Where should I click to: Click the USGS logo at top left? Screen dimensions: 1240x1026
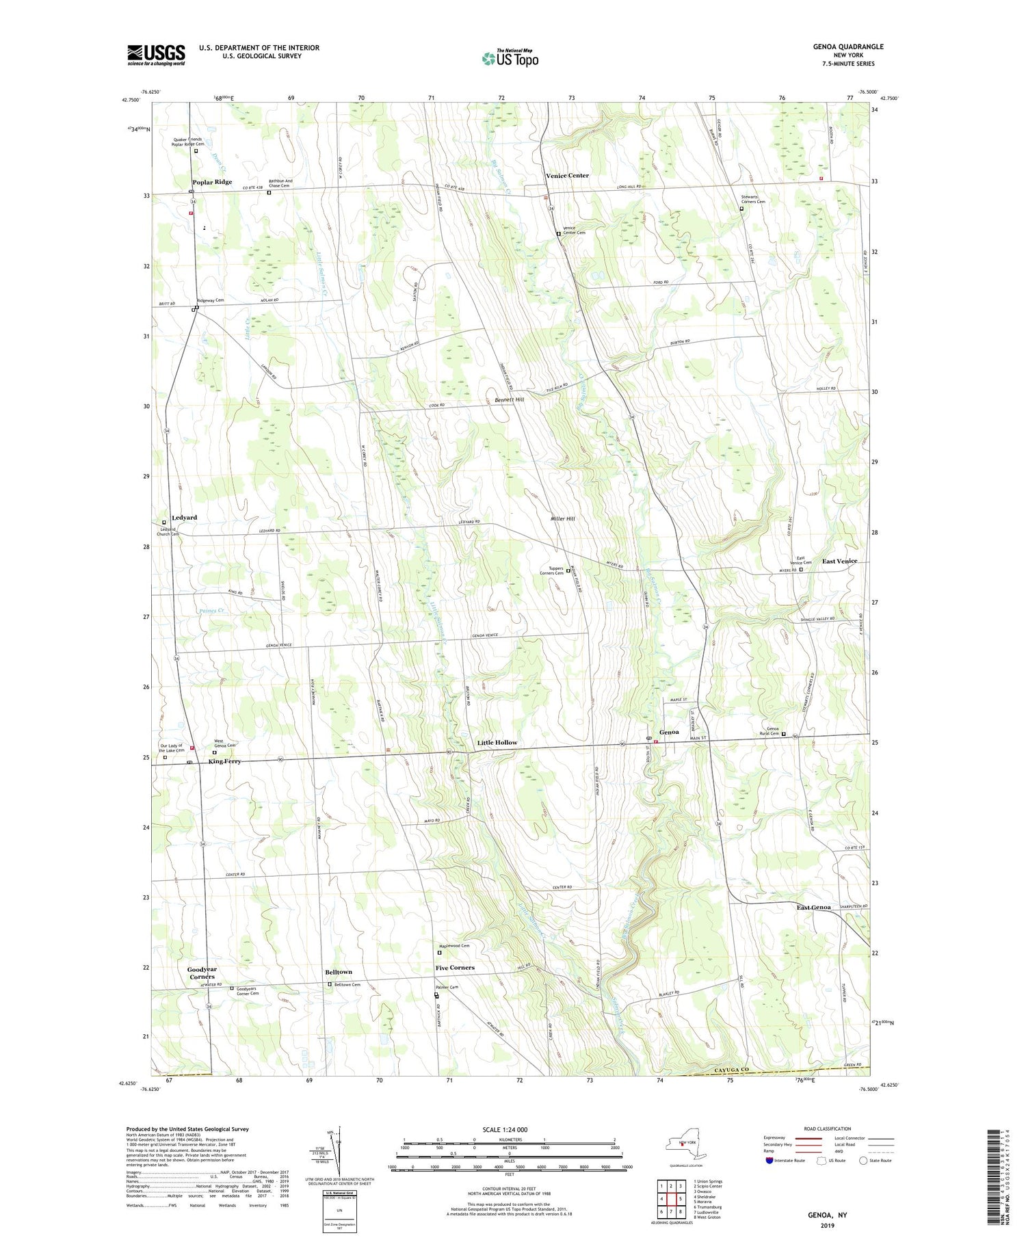(x=156, y=55)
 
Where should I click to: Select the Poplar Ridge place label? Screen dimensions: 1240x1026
(x=212, y=182)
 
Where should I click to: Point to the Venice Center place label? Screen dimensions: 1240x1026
(x=567, y=176)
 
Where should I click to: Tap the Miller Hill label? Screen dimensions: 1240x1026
(x=562, y=519)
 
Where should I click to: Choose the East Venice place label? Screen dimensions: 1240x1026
(x=839, y=562)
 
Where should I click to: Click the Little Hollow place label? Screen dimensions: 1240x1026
(x=497, y=742)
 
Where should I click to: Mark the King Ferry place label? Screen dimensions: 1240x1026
(x=225, y=761)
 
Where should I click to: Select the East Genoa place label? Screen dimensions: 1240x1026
(x=813, y=908)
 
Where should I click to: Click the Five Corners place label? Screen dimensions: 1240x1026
(x=455, y=968)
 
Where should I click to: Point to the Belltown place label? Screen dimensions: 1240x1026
(x=339, y=972)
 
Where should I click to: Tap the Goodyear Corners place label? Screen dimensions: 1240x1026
(x=201, y=973)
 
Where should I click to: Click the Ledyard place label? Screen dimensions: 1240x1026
(x=185, y=518)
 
